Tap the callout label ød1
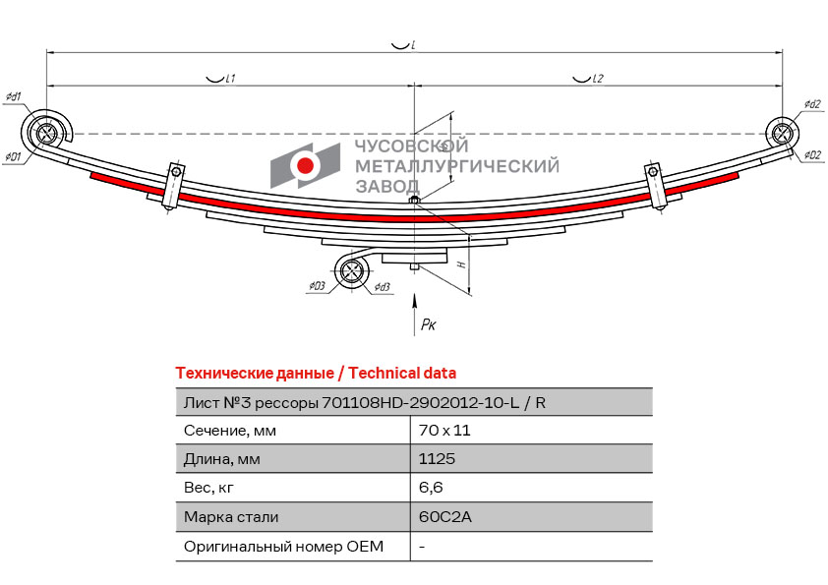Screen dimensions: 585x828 [14, 96]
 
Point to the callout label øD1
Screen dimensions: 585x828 [13, 157]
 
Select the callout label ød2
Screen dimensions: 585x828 [811, 104]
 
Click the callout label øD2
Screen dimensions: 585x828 [811, 155]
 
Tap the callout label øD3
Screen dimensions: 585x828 [316, 286]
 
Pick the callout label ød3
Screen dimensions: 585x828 [382, 287]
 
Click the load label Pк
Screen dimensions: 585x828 [428, 323]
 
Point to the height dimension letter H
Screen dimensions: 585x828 [460, 264]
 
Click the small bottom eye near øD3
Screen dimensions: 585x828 [352, 272]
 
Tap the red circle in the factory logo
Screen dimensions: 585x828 [306, 166]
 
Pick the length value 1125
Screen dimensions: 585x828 [437, 458]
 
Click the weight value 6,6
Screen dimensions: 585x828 [429, 487]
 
